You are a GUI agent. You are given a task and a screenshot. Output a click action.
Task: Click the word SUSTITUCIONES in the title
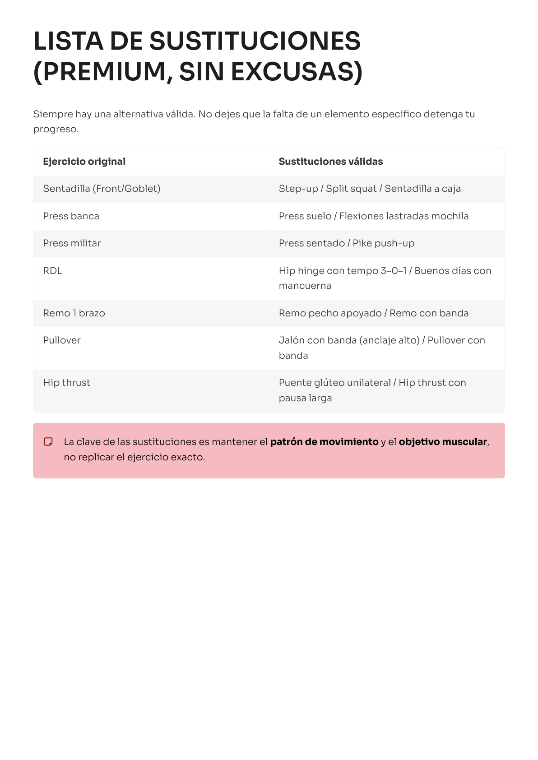tap(255, 42)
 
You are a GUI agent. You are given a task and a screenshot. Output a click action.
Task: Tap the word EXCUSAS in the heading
tap(297, 72)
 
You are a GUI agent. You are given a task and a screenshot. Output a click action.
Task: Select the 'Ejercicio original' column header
tap(84, 162)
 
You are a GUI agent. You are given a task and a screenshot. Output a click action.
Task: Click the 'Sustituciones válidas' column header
tap(330, 162)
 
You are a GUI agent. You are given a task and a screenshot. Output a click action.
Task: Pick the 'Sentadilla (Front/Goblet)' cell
tap(102, 189)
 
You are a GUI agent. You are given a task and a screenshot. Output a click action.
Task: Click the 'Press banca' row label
tap(71, 216)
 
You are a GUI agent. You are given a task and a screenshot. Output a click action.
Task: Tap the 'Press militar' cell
tap(72, 243)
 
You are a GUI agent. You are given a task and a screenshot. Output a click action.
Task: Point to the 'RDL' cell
tap(52, 271)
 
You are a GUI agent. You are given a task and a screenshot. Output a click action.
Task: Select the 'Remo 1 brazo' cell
tap(74, 313)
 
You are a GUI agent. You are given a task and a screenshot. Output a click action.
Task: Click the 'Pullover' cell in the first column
tap(62, 340)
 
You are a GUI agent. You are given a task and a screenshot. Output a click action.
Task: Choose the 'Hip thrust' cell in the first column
tap(66, 383)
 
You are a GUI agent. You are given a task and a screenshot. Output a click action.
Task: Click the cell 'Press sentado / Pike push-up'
tap(346, 243)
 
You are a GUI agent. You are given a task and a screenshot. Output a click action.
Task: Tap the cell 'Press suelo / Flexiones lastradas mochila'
tap(373, 216)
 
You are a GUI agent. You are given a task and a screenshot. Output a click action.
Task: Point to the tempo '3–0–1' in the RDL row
tap(393, 271)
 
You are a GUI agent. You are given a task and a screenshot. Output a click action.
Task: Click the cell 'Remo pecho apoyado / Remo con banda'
tap(373, 313)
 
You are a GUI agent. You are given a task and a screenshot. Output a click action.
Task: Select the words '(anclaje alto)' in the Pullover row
tap(389, 340)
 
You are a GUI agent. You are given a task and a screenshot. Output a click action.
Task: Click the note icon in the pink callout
tap(48, 442)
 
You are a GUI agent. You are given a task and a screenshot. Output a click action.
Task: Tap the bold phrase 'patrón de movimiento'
tap(324, 442)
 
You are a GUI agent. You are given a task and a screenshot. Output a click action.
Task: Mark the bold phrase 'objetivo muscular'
tap(442, 442)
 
